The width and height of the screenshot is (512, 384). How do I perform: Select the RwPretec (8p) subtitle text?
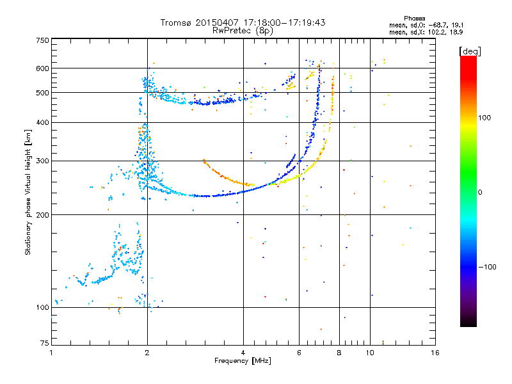coord(243,31)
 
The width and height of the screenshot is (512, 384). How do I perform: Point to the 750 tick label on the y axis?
coord(42,40)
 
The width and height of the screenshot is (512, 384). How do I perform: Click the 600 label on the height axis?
coord(42,68)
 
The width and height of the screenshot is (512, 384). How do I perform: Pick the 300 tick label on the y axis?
coord(42,161)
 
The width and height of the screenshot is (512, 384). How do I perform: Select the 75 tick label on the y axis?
coord(45,343)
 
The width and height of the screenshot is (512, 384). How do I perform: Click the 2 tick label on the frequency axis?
coord(147,353)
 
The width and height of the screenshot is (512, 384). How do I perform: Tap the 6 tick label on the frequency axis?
coord(299,353)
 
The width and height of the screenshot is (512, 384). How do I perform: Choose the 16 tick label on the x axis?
coord(435,353)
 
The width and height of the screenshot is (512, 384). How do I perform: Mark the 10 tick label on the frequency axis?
coord(370,353)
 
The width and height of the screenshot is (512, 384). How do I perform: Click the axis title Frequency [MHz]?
coord(243,361)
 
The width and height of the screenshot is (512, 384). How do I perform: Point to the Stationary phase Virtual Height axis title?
coord(28,193)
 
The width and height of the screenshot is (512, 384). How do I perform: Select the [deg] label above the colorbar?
coord(470,51)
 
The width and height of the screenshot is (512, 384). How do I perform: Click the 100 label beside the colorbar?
coord(484,118)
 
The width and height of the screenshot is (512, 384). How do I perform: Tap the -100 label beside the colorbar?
coord(488,267)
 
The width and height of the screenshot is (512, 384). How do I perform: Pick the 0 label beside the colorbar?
coord(480,193)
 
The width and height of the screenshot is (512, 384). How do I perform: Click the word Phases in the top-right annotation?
coord(414,19)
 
